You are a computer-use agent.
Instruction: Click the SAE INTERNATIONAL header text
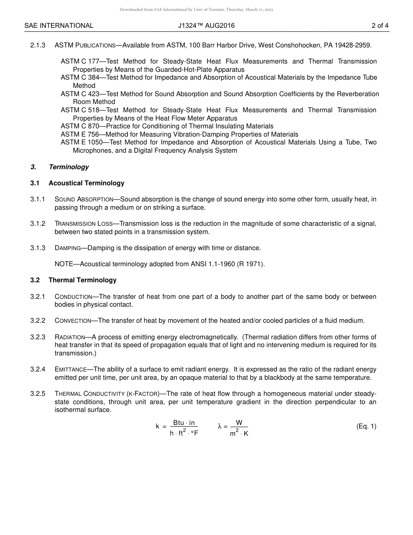coord(59,26)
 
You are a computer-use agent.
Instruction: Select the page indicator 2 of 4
coord(380,26)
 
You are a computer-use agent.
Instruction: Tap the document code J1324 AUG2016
coord(206,26)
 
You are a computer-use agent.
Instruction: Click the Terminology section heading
coord(69,167)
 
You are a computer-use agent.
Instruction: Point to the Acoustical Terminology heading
coord(87,183)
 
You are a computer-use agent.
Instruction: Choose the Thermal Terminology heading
coord(83,280)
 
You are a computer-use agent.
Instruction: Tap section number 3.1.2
coord(38,224)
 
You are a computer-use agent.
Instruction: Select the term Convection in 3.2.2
coord(73,321)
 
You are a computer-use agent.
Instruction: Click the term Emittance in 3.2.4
coord(71,369)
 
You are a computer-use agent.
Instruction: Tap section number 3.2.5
coord(38,393)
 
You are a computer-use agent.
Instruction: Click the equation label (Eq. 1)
coord(366,426)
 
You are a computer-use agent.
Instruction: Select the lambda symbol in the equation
coord(220,426)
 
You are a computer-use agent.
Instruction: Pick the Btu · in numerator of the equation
coord(184,423)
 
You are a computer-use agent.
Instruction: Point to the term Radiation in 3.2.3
coord(70,337)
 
